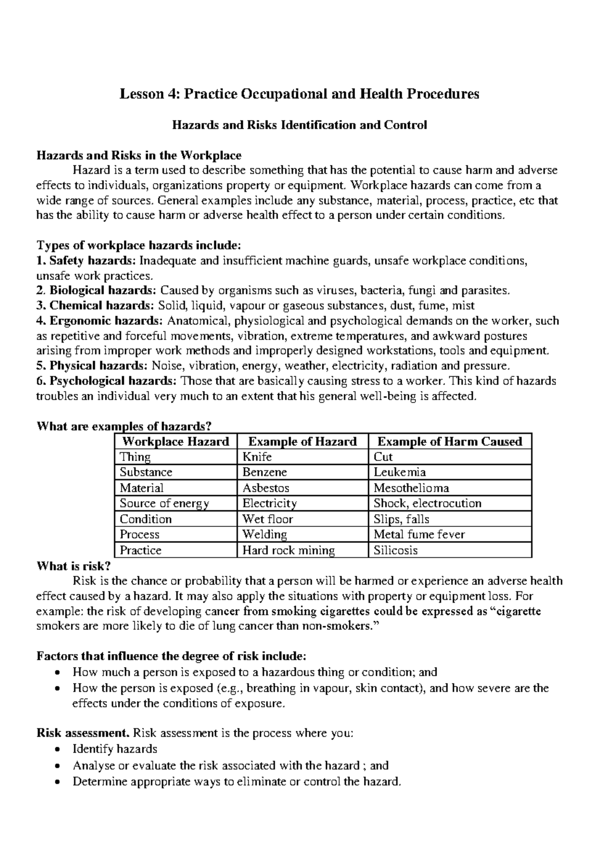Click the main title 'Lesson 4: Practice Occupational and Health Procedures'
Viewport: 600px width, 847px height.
coord(299,94)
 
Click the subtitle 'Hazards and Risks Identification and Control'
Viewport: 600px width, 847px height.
coord(299,125)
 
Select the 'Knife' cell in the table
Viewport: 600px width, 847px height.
coord(257,457)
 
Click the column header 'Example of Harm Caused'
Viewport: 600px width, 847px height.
coord(449,441)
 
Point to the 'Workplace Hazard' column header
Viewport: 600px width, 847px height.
coord(175,441)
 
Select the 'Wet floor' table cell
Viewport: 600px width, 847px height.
coord(267,519)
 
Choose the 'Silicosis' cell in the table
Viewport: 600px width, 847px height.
coord(395,550)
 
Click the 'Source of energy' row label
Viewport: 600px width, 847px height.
coord(164,503)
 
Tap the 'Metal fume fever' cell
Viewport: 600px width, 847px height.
coord(419,534)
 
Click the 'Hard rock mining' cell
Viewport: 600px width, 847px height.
coord(288,550)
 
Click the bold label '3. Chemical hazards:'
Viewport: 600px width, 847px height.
coord(96,306)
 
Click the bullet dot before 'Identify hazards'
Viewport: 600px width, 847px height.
coord(59,750)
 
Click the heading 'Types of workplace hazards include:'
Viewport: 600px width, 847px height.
coord(139,245)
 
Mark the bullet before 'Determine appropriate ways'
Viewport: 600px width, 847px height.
coord(59,782)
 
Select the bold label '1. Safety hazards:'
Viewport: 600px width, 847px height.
coord(86,261)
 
